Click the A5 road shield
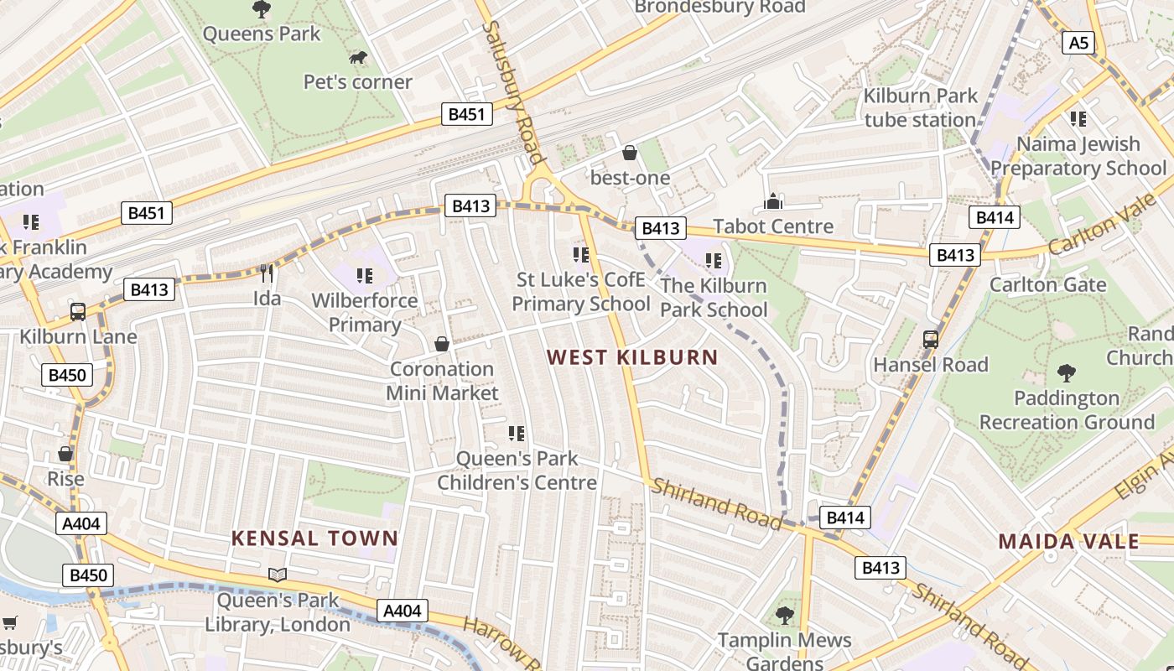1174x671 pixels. coord(1078,42)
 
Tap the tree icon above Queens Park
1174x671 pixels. coord(262,9)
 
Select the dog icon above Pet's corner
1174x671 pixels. coord(358,58)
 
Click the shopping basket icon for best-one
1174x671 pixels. coord(630,153)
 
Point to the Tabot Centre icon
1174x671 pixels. coord(773,202)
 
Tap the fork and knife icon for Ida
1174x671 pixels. coord(267,273)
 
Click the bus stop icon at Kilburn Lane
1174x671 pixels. coord(78,312)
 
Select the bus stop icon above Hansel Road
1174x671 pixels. coord(931,340)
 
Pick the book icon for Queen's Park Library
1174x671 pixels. coord(278,575)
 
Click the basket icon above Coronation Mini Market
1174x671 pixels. coord(442,344)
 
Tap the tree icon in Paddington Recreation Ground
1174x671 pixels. coord(1067,372)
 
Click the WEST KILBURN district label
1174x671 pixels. coord(632,357)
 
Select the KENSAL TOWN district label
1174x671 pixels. coord(314,538)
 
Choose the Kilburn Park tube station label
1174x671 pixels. coord(920,107)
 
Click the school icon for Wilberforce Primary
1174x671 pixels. coord(365,276)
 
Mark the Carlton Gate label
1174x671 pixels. coord(1048,284)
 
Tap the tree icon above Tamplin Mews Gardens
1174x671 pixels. coord(785,616)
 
